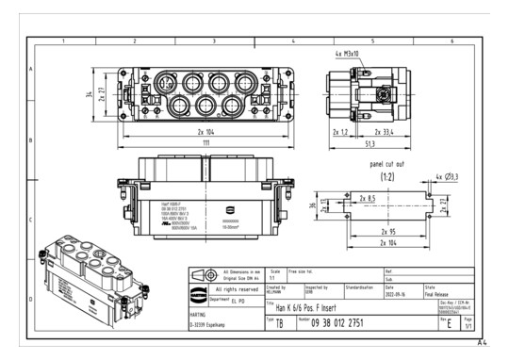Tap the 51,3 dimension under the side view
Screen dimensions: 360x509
click(372, 144)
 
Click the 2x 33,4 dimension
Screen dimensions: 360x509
click(384, 133)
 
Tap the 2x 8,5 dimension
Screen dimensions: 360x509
click(368, 199)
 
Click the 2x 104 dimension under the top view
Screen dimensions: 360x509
click(205, 132)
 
